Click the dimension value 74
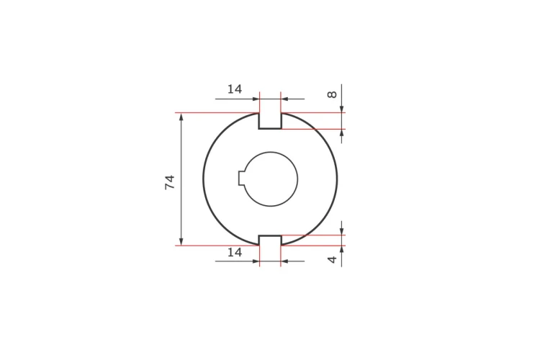coord(170,182)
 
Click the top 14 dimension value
coord(235,89)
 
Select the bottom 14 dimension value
coord(235,253)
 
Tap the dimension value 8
coord(332,94)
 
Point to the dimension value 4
coord(332,259)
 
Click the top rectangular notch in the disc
coord(270,120)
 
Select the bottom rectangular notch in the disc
coord(270,240)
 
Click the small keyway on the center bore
coord(242,178)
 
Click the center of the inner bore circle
coord(271,179)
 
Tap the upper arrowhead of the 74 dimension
coord(181,117)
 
